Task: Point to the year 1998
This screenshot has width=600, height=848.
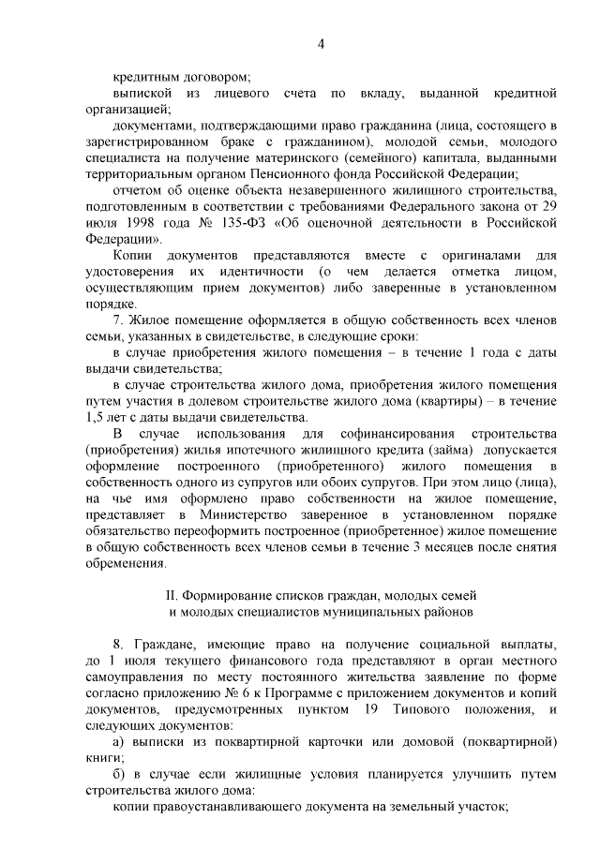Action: (156, 222)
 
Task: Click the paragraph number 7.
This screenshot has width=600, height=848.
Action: (116, 320)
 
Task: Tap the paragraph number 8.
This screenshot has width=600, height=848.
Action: (116, 646)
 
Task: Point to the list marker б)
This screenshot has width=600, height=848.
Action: (118, 775)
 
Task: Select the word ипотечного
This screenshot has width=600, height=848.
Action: (254, 450)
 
